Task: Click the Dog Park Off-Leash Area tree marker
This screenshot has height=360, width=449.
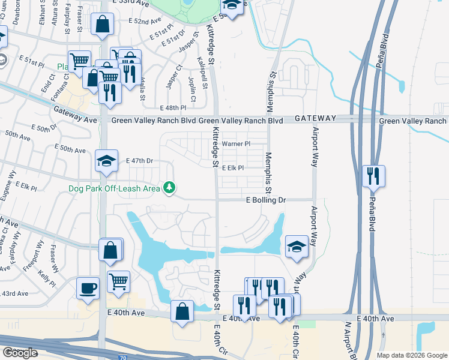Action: (170, 188)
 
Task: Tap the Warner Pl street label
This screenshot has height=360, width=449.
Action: (236, 144)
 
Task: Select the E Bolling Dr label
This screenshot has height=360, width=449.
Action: (268, 199)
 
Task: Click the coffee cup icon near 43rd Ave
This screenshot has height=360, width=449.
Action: (88, 289)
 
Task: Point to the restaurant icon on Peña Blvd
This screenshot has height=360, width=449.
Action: (373, 176)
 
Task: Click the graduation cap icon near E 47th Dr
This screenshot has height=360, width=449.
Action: (106, 161)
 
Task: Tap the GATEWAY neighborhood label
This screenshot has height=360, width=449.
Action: (316, 119)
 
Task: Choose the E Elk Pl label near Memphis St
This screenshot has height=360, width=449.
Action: (232, 169)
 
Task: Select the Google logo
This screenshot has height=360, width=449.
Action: (20, 353)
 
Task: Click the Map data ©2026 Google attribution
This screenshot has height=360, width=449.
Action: (412, 355)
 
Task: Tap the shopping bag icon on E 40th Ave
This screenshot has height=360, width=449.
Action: (182, 311)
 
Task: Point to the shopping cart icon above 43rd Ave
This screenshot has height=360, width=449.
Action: (118, 281)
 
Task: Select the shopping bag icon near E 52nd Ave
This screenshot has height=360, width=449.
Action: (102, 25)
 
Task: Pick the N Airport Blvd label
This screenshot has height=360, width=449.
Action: (346, 339)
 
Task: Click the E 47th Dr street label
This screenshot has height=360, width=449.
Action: (140, 161)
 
